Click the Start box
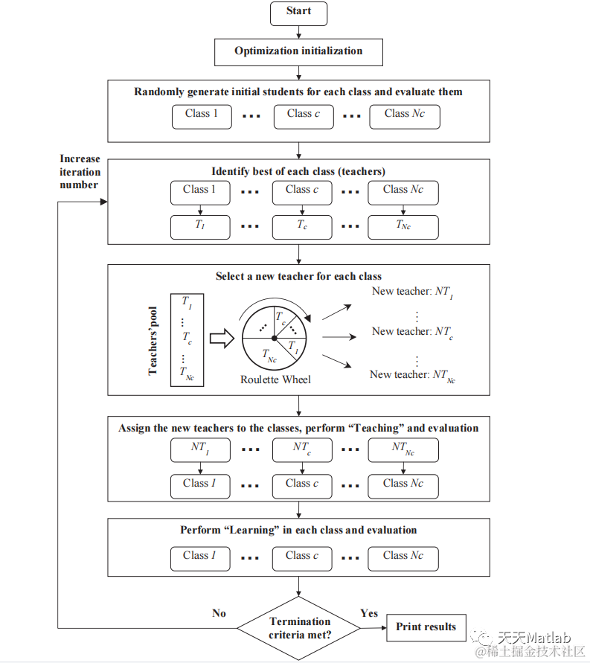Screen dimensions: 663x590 (298, 12)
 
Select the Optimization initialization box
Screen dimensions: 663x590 (298, 51)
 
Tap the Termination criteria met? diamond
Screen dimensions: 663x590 (299, 628)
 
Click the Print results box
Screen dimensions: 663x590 (426, 627)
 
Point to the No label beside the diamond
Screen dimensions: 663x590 (219, 613)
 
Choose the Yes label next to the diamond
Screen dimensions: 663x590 (369, 613)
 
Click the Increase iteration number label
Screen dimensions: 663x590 (80, 172)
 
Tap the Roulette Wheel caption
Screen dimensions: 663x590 (275, 379)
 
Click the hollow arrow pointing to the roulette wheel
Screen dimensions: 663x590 (222, 339)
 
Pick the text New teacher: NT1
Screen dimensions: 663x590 (413, 292)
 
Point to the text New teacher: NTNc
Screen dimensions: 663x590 (413, 375)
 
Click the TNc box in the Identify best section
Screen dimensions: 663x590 (403, 225)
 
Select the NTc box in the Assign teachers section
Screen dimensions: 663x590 (301, 449)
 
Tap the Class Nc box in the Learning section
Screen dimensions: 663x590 (403, 557)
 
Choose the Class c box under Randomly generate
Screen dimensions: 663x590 (303, 115)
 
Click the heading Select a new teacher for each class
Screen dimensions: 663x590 (298, 276)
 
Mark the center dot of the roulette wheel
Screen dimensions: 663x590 (275, 339)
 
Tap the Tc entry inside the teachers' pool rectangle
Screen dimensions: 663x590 (187, 337)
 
